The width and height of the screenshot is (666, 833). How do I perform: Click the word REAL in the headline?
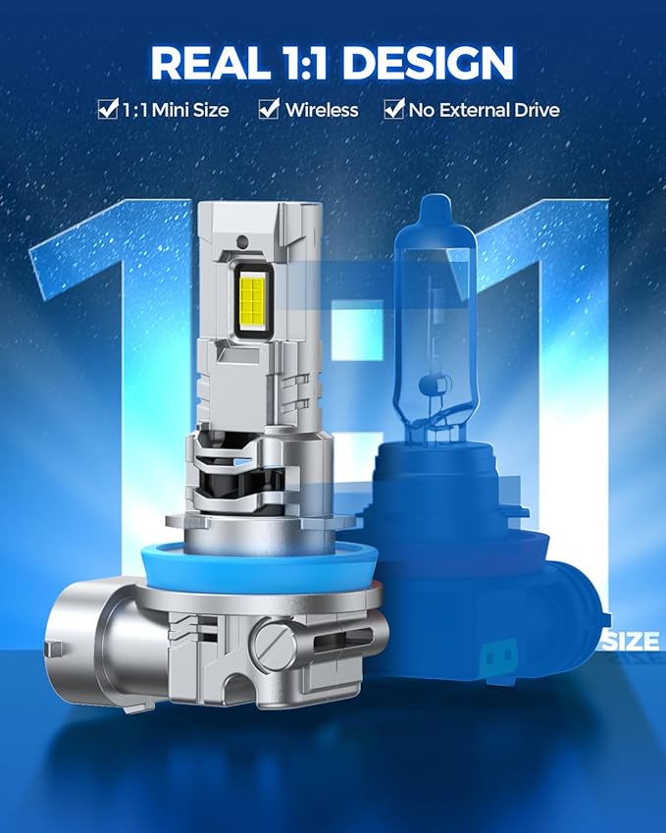210,63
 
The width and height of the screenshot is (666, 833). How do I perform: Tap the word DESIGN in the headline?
429,63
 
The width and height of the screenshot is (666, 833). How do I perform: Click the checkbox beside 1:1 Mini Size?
108,109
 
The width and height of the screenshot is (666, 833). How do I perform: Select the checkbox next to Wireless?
269,109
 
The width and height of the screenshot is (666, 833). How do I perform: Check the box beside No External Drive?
394,109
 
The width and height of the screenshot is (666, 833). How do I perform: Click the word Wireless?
322,110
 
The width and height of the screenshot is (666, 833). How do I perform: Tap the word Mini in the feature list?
170,110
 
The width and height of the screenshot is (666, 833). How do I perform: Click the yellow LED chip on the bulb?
253,301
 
